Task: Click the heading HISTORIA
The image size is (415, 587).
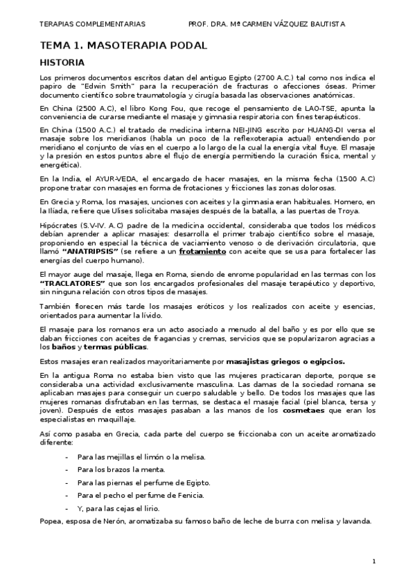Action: tap(66, 62)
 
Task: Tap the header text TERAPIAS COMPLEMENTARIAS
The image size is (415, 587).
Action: tap(93, 24)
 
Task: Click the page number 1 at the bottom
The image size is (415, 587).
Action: tap(373, 561)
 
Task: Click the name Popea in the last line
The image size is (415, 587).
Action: tap(52, 522)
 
